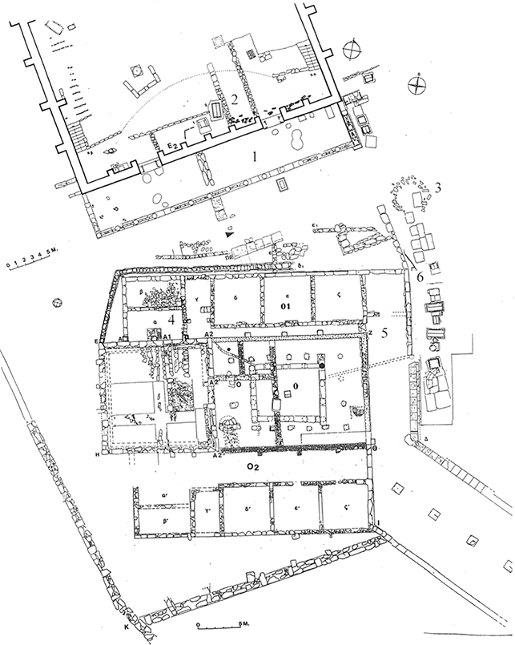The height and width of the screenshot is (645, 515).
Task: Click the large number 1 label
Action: [254, 158]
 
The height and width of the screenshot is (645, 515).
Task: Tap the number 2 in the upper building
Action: [235, 99]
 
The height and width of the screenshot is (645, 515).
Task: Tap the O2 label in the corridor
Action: [253, 466]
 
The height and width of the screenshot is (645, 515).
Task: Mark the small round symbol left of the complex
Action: [57, 303]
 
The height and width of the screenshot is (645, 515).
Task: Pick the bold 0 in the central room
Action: [296, 386]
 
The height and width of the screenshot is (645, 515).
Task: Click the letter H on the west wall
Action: [98, 454]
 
